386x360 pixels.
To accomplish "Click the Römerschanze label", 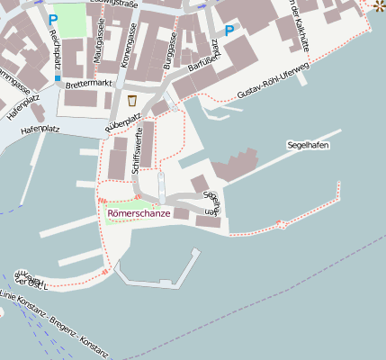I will point(138,212).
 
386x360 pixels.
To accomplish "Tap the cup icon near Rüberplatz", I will point(132,100).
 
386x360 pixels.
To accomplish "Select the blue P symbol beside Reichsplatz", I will point(53,17).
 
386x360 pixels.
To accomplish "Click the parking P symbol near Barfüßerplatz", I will point(229,30).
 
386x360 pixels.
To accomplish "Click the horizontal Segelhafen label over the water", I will point(308,144).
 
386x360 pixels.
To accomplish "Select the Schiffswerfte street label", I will point(137,150).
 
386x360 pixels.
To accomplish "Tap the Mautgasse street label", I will point(98,43).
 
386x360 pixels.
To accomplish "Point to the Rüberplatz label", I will point(123,122).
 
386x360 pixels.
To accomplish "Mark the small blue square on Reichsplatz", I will point(58,78).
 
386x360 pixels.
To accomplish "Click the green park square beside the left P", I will point(76,22).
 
